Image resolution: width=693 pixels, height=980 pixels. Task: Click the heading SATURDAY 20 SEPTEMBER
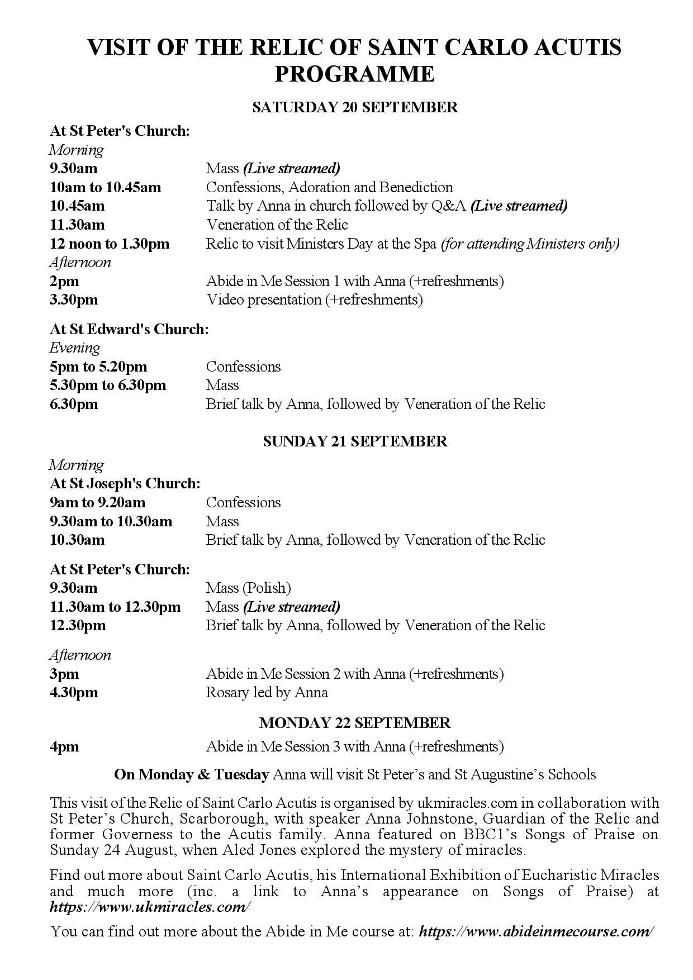click(x=355, y=107)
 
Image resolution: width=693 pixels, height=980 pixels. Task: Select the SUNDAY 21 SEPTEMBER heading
click(x=355, y=441)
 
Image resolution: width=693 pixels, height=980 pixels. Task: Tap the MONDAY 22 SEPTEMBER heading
click(x=355, y=722)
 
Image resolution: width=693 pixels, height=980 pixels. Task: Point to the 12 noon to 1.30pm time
click(x=110, y=244)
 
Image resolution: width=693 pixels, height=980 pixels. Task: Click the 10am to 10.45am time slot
click(x=105, y=187)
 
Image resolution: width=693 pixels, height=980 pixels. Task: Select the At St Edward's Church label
click(x=129, y=329)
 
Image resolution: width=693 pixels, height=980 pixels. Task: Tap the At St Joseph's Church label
click(x=125, y=483)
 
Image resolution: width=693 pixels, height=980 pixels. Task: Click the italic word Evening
click(x=75, y=348)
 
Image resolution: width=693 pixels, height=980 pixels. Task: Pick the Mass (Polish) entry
click(x=249, y=588)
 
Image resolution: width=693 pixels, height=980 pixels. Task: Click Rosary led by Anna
click(x=267, y=693)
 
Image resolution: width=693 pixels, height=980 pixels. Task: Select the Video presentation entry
click(x=314, y=300)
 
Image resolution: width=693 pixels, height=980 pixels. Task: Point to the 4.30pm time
click(x=74, y=693)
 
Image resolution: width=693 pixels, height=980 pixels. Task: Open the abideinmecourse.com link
click(x=537, y=931)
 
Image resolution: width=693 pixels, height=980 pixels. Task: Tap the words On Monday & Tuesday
click(x=191, y=775)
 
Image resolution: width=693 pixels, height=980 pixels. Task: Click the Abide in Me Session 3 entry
click(x=355, y=747)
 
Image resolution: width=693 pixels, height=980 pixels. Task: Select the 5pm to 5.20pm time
click(x=98, y=367)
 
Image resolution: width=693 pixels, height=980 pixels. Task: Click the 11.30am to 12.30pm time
click(x=115, y=607)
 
